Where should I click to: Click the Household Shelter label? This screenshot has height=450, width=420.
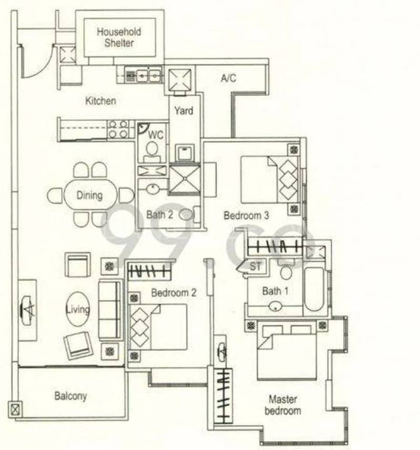[x=119, y=37]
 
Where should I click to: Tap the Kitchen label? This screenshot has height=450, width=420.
[x=101, y=101]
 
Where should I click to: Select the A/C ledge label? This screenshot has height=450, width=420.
[x=228, y=78]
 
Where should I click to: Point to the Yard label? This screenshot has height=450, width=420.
[x=184, y=110]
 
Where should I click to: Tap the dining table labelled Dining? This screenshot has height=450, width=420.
[x=91, y=195]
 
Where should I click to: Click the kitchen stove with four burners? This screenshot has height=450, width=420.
[x=118, y=129]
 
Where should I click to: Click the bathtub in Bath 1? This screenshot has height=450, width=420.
[x=314, y=289]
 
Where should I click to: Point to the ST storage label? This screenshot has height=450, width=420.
[x=255, y=267]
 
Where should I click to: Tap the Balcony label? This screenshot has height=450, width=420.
[x=70, y=396]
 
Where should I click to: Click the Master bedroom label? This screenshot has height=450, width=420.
[x=282, y=405]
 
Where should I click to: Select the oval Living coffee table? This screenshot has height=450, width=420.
[x=78, y=309]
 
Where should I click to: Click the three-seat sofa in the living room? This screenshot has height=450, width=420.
[x=110, y=310]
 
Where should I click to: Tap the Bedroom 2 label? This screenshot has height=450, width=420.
[x=174, y=293]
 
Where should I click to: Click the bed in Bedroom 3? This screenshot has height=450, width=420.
[x=269, y=180]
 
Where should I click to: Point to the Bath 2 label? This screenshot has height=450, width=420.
[x=160, y=214]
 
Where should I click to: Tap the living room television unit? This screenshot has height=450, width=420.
[x=28, y=310]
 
